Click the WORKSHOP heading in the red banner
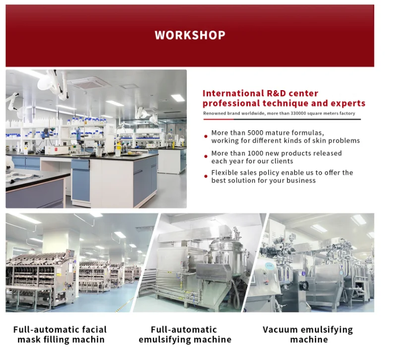click(190, 35)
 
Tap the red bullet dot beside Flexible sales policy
click(206, 176)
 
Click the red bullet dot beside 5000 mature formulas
click(206, 137)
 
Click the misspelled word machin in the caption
click(88, 340)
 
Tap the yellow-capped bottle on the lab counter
click(118, 149)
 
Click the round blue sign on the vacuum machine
click(270, 265)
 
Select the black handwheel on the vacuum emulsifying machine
click(303, 285)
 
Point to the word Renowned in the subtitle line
click(215, 113)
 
